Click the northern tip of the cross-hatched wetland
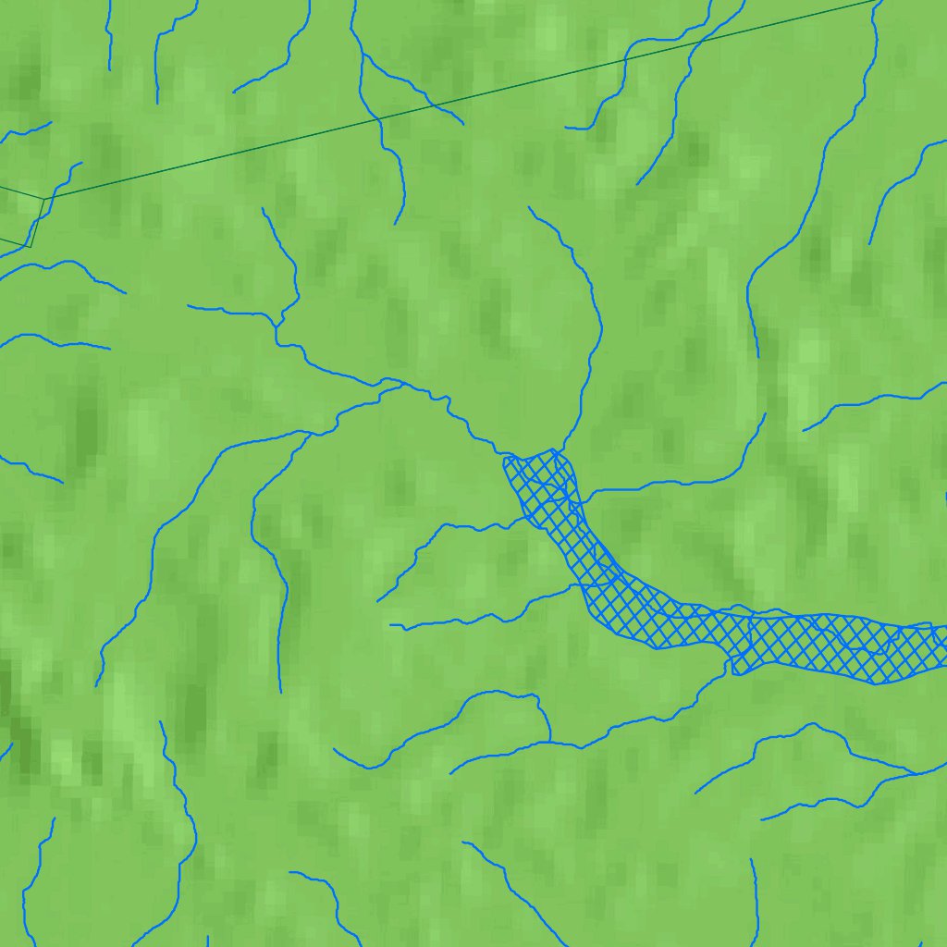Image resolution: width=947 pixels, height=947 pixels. tap(553, 450)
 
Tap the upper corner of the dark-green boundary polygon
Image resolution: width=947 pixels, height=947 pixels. tap(44, 198)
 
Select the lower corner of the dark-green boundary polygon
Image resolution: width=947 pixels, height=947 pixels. tap(31, 246)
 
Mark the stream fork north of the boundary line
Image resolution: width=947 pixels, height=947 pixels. tap(361, 53)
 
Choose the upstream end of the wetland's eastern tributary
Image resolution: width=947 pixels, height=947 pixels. tap(765, 413)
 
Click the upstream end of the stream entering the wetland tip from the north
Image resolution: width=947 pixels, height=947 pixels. tap(529, 208)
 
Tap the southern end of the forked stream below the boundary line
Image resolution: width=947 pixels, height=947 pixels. tap(396, 224)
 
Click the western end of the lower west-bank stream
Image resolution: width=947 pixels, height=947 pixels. tap(390, 625)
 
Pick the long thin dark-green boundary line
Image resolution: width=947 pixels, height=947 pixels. tap(462, 100)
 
